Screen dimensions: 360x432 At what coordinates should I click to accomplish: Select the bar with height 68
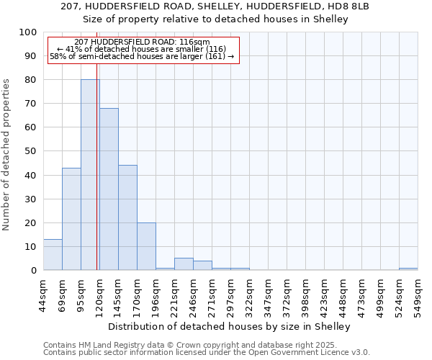click(109, 189)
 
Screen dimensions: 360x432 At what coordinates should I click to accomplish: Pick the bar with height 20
click(146, 246)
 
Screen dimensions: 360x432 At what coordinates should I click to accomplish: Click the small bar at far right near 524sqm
click(408, 269)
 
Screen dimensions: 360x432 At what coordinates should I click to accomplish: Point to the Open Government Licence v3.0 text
click(317, 353)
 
